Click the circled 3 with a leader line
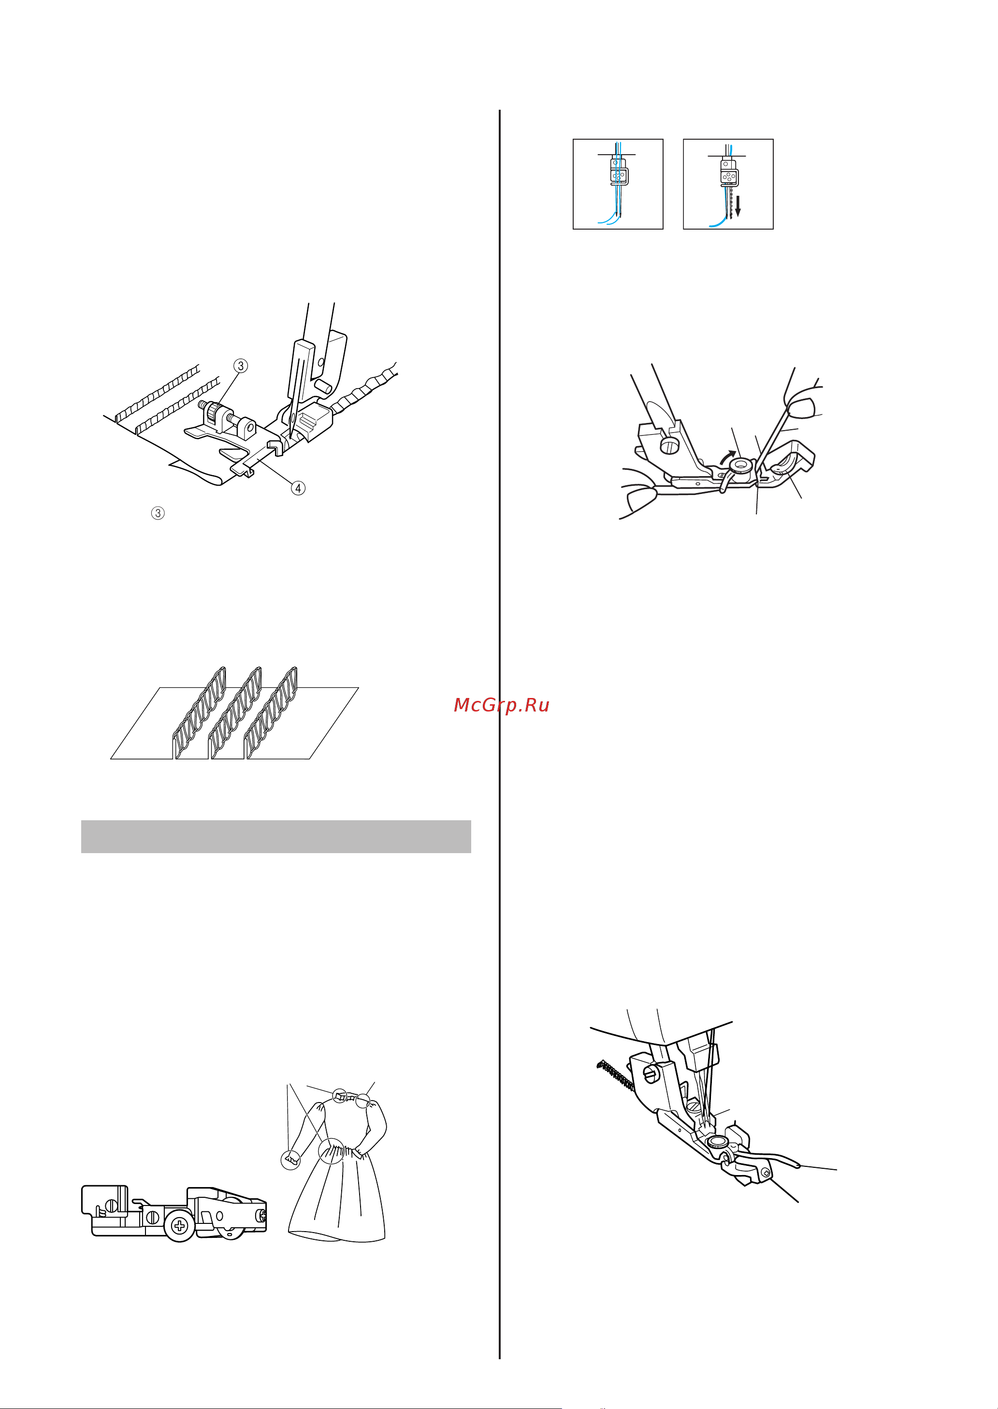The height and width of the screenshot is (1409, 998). click(241, 365)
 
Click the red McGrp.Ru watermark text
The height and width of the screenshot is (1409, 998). click(502, 705)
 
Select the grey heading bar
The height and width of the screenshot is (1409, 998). click(276, 836)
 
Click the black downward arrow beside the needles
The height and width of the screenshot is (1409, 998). click(738, 206)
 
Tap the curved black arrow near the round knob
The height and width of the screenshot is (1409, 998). click(727, 457)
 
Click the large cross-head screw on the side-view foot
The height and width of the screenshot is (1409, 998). click(180, 1226)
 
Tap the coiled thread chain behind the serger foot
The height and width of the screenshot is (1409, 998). click(615, 1075)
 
